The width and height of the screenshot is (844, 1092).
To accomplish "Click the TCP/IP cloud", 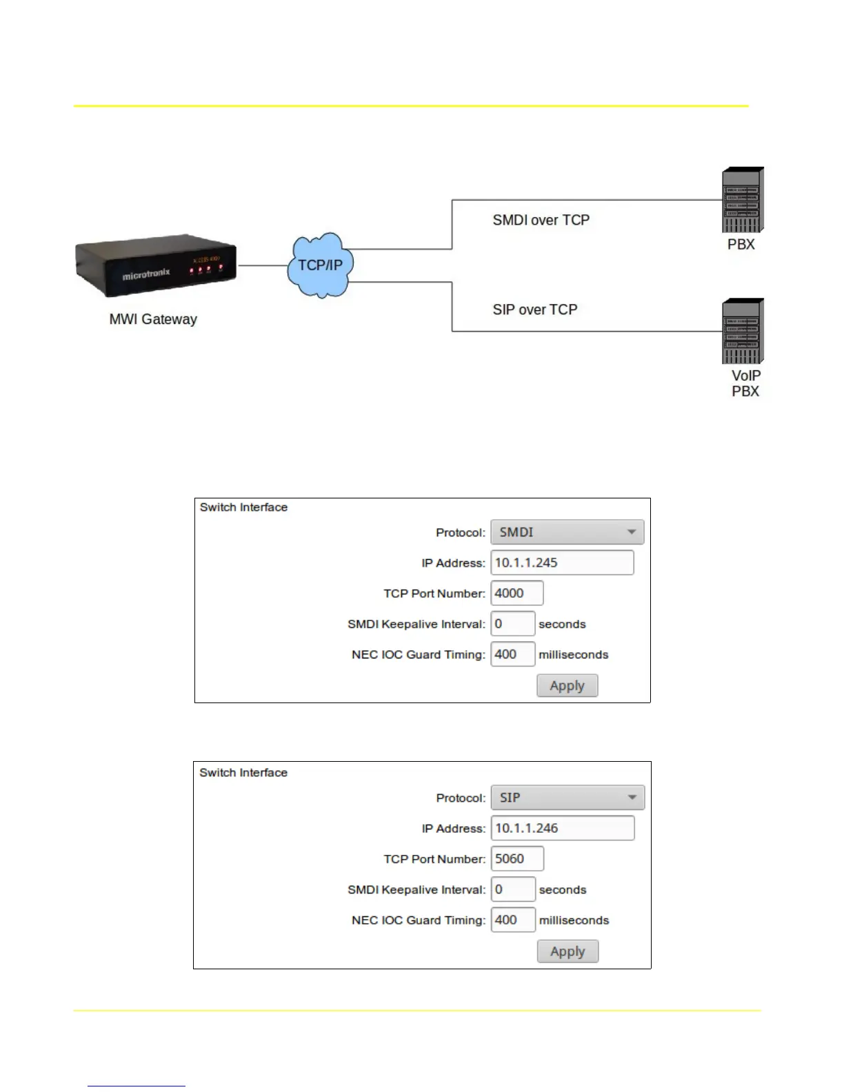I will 320,265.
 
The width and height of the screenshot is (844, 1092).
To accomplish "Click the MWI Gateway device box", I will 156,267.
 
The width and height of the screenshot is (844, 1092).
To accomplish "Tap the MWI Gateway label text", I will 153,319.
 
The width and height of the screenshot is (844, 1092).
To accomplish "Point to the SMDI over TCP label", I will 541,220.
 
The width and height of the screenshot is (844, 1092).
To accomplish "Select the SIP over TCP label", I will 534,310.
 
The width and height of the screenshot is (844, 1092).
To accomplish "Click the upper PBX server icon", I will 743,201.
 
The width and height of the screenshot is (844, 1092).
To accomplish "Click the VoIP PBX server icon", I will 743,332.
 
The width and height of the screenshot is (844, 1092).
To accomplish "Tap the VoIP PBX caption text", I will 745,383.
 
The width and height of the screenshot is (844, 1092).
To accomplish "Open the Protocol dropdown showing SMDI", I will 567,532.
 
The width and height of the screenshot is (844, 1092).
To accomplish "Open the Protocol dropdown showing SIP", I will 567,798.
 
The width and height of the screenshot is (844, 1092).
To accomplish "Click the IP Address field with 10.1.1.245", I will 562,563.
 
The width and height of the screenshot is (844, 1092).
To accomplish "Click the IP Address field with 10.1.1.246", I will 563,828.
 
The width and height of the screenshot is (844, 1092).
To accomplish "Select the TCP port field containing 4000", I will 516,593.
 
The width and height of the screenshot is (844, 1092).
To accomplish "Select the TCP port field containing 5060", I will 517,858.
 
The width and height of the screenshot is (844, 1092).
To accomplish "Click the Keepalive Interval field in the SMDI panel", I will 512,623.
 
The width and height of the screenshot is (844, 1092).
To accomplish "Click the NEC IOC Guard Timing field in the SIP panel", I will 513,920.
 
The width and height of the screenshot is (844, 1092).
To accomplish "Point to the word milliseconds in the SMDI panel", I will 574,654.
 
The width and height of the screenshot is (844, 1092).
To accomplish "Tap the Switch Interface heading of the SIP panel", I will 243,773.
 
